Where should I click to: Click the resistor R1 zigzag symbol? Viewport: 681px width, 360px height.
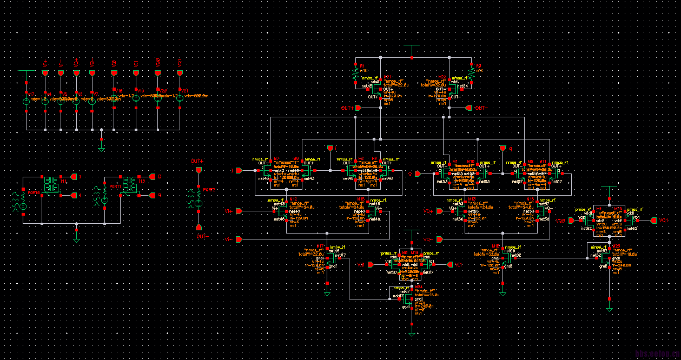[x=355, y=71]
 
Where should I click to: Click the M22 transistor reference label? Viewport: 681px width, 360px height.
[x=442, y=77]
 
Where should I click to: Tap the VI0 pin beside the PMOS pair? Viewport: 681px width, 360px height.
[x=371, y=265]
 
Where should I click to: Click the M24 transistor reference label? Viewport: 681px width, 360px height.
[x=418, y=286]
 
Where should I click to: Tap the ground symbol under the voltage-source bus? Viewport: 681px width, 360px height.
[x=102, y=146]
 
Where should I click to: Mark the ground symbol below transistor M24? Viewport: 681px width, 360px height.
[x=412, y=333]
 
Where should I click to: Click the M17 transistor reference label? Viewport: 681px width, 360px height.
[x=320, y=245]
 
